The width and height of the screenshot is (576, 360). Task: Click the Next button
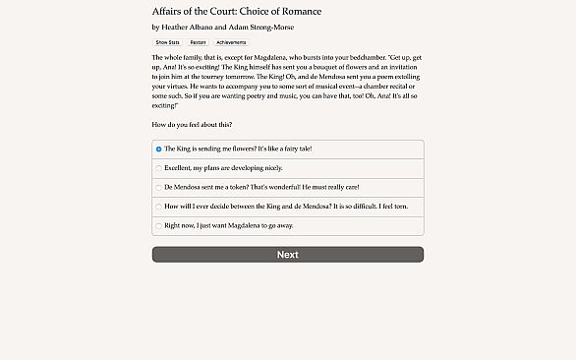tap(287, 255)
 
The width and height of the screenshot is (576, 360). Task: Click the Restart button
tap(197, 43)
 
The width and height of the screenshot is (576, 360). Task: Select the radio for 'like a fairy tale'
tap(158, 149)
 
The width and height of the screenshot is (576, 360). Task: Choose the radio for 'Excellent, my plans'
tap(158, 168)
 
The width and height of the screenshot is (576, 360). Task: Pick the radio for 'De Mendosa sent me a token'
tap(158, 187)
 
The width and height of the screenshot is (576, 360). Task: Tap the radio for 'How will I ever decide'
tap(158, 207)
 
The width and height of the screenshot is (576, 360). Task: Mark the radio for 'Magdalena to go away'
tap(158, 225)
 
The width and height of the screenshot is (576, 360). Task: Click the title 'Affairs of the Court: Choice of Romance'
tap(237, 11)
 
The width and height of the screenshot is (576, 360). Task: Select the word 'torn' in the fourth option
tap(401, 207)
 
